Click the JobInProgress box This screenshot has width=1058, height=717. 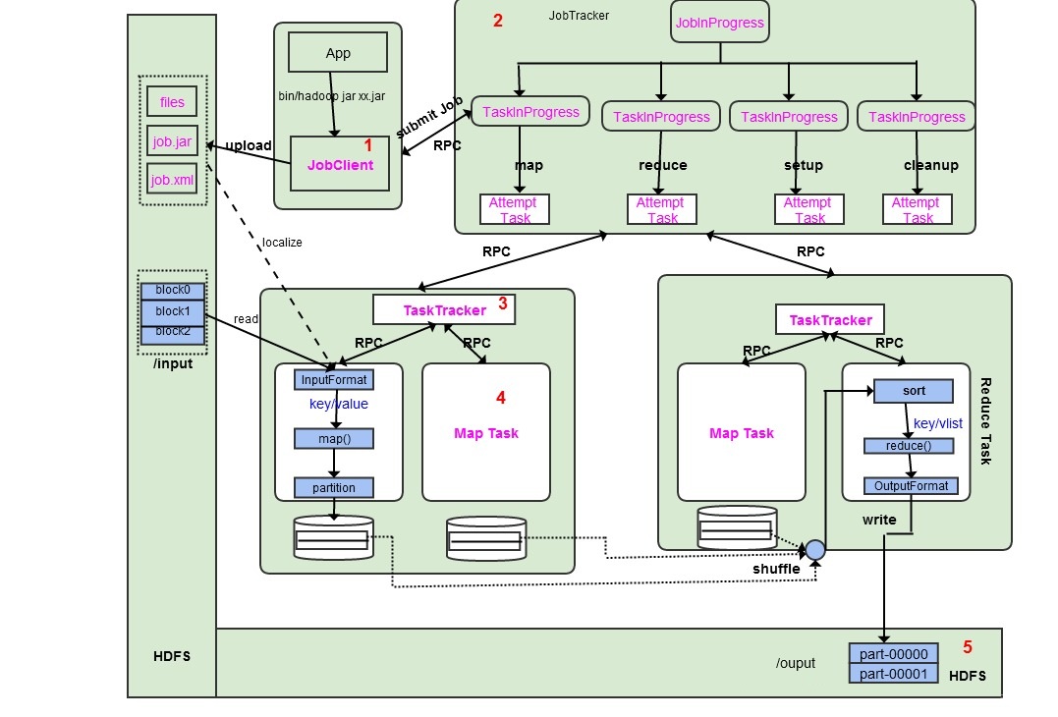(x=719, y=23)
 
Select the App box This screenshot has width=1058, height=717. (x=337, y=53)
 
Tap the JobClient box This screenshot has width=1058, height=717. (x=340, y=164)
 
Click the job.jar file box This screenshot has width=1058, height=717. (x=172, y=141)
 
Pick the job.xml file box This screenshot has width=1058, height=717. (x=172, y=181)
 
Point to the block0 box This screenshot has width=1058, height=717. (x=172, y=291)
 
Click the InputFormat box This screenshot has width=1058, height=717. (x=334, y=379)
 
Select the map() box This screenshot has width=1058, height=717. (x=334, y=438)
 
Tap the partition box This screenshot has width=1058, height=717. (x=334, y=487)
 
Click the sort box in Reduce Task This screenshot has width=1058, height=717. (x=913, y=391)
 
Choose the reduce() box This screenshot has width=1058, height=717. (x=909, y=446)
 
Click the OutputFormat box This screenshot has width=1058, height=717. (x=911, y=485)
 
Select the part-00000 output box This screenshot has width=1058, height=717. (x=893, y=654)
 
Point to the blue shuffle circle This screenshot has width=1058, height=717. (x=815, y=550)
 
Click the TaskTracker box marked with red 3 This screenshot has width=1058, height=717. (x=445, y=309)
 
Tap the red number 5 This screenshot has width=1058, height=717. (x=967, y=647)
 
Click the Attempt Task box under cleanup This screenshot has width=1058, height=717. (x=918, y=209)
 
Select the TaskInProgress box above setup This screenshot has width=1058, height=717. (x=789, y=116)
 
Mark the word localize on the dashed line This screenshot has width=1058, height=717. (x=282, y=242)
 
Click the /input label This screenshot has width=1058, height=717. (x=172, y=363)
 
